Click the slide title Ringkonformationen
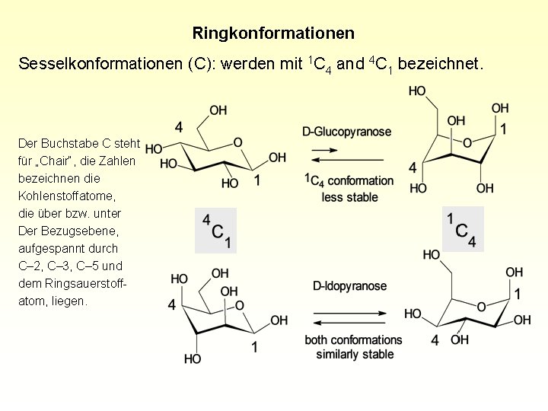tap(273, 33)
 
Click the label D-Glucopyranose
tap(346, 132)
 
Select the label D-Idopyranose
tap(349, 286)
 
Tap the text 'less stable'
tap(349, 197)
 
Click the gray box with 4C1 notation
tap(215, 231)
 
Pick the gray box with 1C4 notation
tap(463, 228)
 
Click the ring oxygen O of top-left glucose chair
tap(237, 142)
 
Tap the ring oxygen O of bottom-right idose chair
tap(481, 307)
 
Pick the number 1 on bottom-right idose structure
tap(518, 293)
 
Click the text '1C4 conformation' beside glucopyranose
tap(349, 181)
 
